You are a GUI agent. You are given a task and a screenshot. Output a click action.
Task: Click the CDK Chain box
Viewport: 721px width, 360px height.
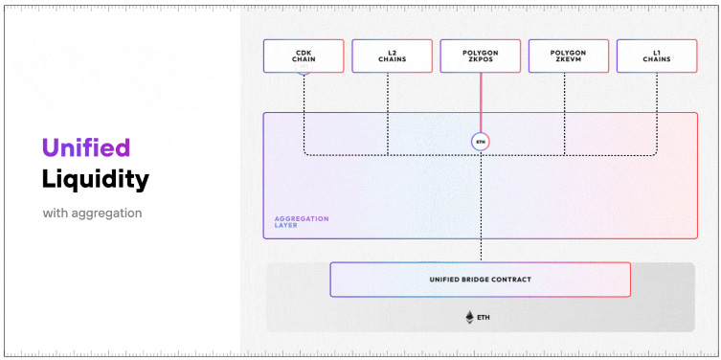click(x=304, y=56)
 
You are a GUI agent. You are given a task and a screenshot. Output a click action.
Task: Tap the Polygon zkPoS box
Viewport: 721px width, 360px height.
click(x=480, y=56)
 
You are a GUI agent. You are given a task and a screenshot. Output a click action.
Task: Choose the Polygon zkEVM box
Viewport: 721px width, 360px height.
click(x=568, y=56)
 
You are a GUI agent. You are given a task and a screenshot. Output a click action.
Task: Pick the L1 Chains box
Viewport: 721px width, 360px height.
click(x=656, y=56)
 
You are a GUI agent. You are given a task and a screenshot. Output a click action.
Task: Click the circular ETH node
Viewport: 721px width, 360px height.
click(x=480, y=141)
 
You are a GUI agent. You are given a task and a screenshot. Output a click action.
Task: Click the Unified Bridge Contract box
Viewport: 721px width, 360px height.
click(x=480, y=280)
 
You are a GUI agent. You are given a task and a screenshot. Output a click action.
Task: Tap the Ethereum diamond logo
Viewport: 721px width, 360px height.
click(x=469, y=317)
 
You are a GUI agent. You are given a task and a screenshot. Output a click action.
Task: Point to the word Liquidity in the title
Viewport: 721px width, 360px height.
click(x=95, y=178)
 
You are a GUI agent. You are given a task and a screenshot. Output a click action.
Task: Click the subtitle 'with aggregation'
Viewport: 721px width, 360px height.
click(x=92, y=213)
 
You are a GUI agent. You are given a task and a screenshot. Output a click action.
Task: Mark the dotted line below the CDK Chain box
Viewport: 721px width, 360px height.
click(x=304, y=110)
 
